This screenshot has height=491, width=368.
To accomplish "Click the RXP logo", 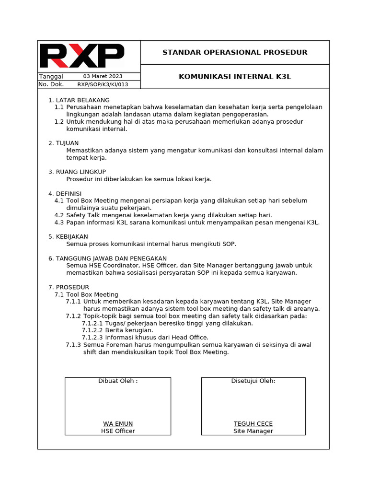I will point(82,56).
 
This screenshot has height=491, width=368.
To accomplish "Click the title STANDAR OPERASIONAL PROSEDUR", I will point(235,52).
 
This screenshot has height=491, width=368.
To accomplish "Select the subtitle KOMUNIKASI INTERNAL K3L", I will point(235,76).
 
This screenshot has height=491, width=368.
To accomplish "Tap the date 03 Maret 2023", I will point(103,76).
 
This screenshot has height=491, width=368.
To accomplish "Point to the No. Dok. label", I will point(51,84).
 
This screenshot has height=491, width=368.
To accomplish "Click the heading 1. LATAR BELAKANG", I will point(79,100).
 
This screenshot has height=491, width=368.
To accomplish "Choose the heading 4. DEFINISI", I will point(65,193).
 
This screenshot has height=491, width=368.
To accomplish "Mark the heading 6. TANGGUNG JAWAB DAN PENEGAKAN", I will point(107,258).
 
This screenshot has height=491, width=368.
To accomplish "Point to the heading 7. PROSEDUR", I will point(69,287).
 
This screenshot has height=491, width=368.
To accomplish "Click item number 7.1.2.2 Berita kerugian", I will point(117,330).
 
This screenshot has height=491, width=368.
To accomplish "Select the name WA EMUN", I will point(118,424).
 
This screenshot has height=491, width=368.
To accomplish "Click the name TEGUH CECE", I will point(253,424).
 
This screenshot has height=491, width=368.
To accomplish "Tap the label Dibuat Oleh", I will point(118,381).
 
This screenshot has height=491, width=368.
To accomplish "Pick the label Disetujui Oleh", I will point(253,381).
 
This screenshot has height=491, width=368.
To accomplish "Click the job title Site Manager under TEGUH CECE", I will point(253,431).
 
